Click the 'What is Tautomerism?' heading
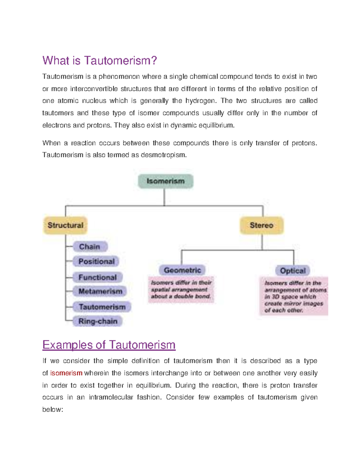pyautogui.click(x=100, y=61)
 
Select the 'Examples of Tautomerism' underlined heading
pyautogui.click(x=109, y=345)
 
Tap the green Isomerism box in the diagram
pyautogui.click(x=165, y=181)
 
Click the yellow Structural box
pyautogui.click(x=65, y=225)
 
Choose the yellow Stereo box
pyautogui.click(x=262, y=225)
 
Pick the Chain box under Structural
pyautogui.click(x=90, y=247)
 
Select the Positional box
pyautogui.click(x=96, y=261)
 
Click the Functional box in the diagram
pyautogui.click(x=97, y=277)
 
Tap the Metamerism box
pyautogui.click(x=100, y=291)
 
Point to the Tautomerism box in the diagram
pyautogui.click(x=102, y=307)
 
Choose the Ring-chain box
pyautogui.click(x=98, y=321)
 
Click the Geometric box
pyautogui.click(x=182, y=270)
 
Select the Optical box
pyautogui.click(x=292, y=271)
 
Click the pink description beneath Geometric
pyautogui.click(x=181, y=290)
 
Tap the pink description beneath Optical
pyautogui.click(x=294, y=296)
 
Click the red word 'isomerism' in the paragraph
pyautogui.click(x=66, y=373)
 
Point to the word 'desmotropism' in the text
pyautogui.click(x=163, y=155)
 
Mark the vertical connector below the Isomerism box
pyautogui.click(x=164, y=197)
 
